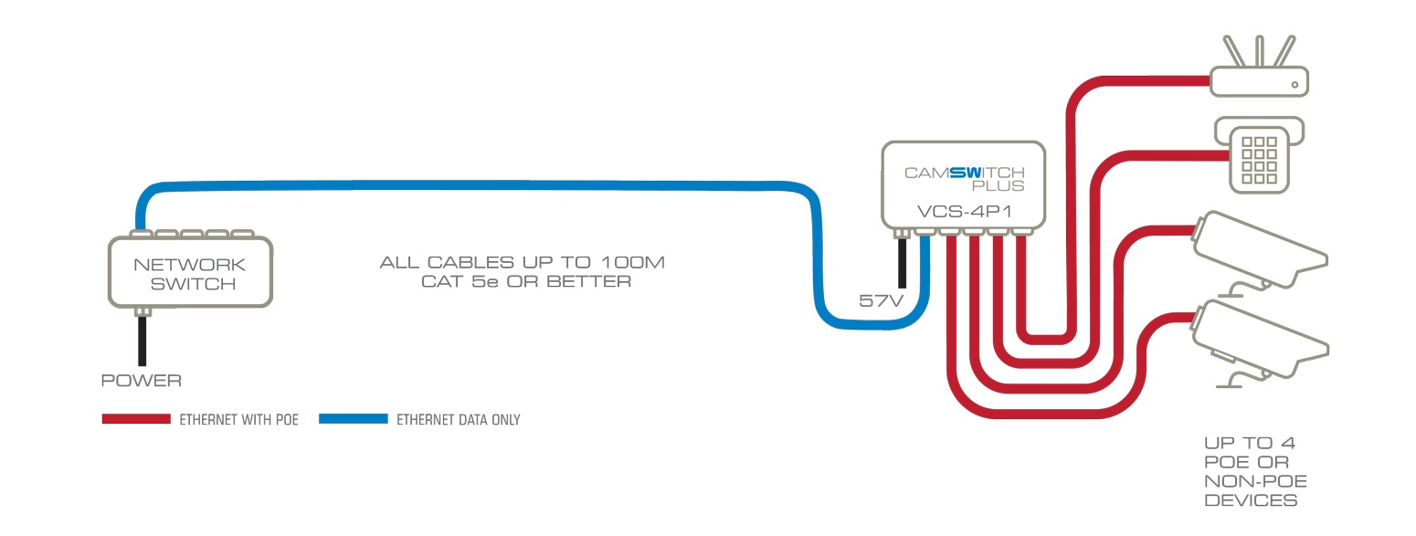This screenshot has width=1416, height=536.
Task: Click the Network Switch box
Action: pyautogui.click(x=190, y=273)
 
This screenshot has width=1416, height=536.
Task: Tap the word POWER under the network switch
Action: pyautogui.click(x=141, y=379)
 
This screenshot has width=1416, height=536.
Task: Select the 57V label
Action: pyautogui.click(x=881, y=300)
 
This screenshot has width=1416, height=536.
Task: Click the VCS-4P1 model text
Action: pyautogui.click(x=962, y=212)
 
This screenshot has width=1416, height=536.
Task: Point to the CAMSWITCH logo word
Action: pyautogui.click(x=964, y=172)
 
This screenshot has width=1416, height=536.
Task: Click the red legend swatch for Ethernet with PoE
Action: pyautogui.click(x=136, y=419)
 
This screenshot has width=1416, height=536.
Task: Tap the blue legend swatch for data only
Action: pyautogui.click(x=352, y=419)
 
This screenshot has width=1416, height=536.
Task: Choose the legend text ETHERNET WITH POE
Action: pyautogui.click(x=238, y=420)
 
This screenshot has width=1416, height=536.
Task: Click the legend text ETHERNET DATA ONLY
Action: pyautogui.click(x=458, y=420)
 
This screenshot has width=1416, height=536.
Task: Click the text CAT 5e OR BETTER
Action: pyautogui.click(x=525, y=282)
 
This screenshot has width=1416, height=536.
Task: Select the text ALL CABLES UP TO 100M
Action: pyautogui.click(x=523, y=263)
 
